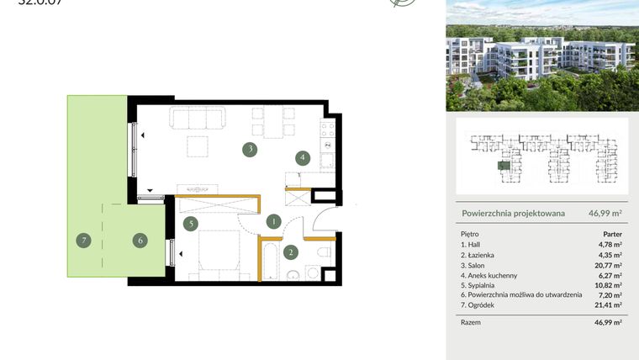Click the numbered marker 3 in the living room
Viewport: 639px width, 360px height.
pos(250,151)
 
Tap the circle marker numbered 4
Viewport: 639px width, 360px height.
pos(301,157)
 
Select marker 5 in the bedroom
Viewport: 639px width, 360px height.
pos(191,223)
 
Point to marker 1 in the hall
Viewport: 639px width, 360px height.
pos(273,222)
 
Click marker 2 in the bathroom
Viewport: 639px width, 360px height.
pos(290,251)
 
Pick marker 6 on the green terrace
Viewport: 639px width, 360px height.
pos(140,241)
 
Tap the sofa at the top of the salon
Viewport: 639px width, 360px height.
pos(197,118)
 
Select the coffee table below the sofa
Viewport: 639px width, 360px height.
pos(198,146)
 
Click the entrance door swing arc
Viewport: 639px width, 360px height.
pos(324,224)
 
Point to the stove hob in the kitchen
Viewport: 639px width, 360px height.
pos(327,130)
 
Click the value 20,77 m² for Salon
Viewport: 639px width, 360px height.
pos(607,265)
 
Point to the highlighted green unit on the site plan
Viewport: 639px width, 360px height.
pos(502,166)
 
